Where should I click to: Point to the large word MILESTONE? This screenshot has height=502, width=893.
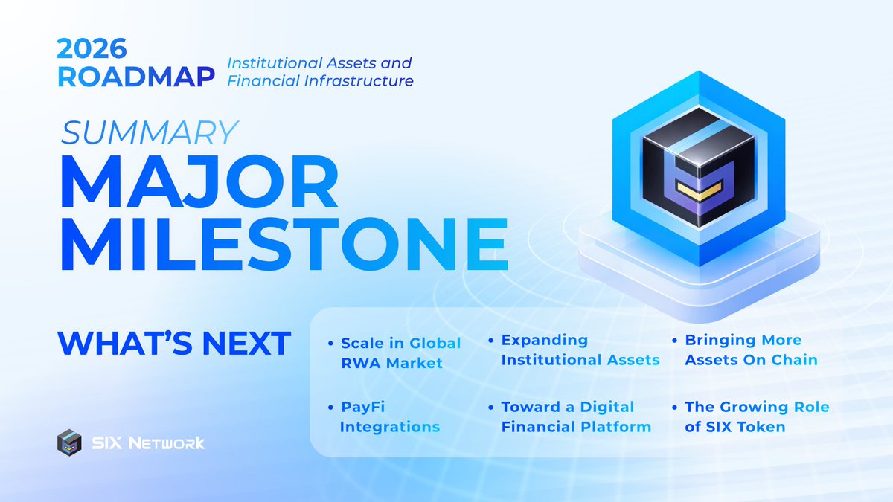(283, 243)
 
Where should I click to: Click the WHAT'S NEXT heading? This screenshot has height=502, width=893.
(174, 343)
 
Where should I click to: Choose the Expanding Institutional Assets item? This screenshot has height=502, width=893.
(580, 350)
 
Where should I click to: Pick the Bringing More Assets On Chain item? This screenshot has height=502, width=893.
(751, 350)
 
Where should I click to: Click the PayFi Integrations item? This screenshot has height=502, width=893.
(389, 417)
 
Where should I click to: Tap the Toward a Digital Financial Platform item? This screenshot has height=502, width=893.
(575, 416)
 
